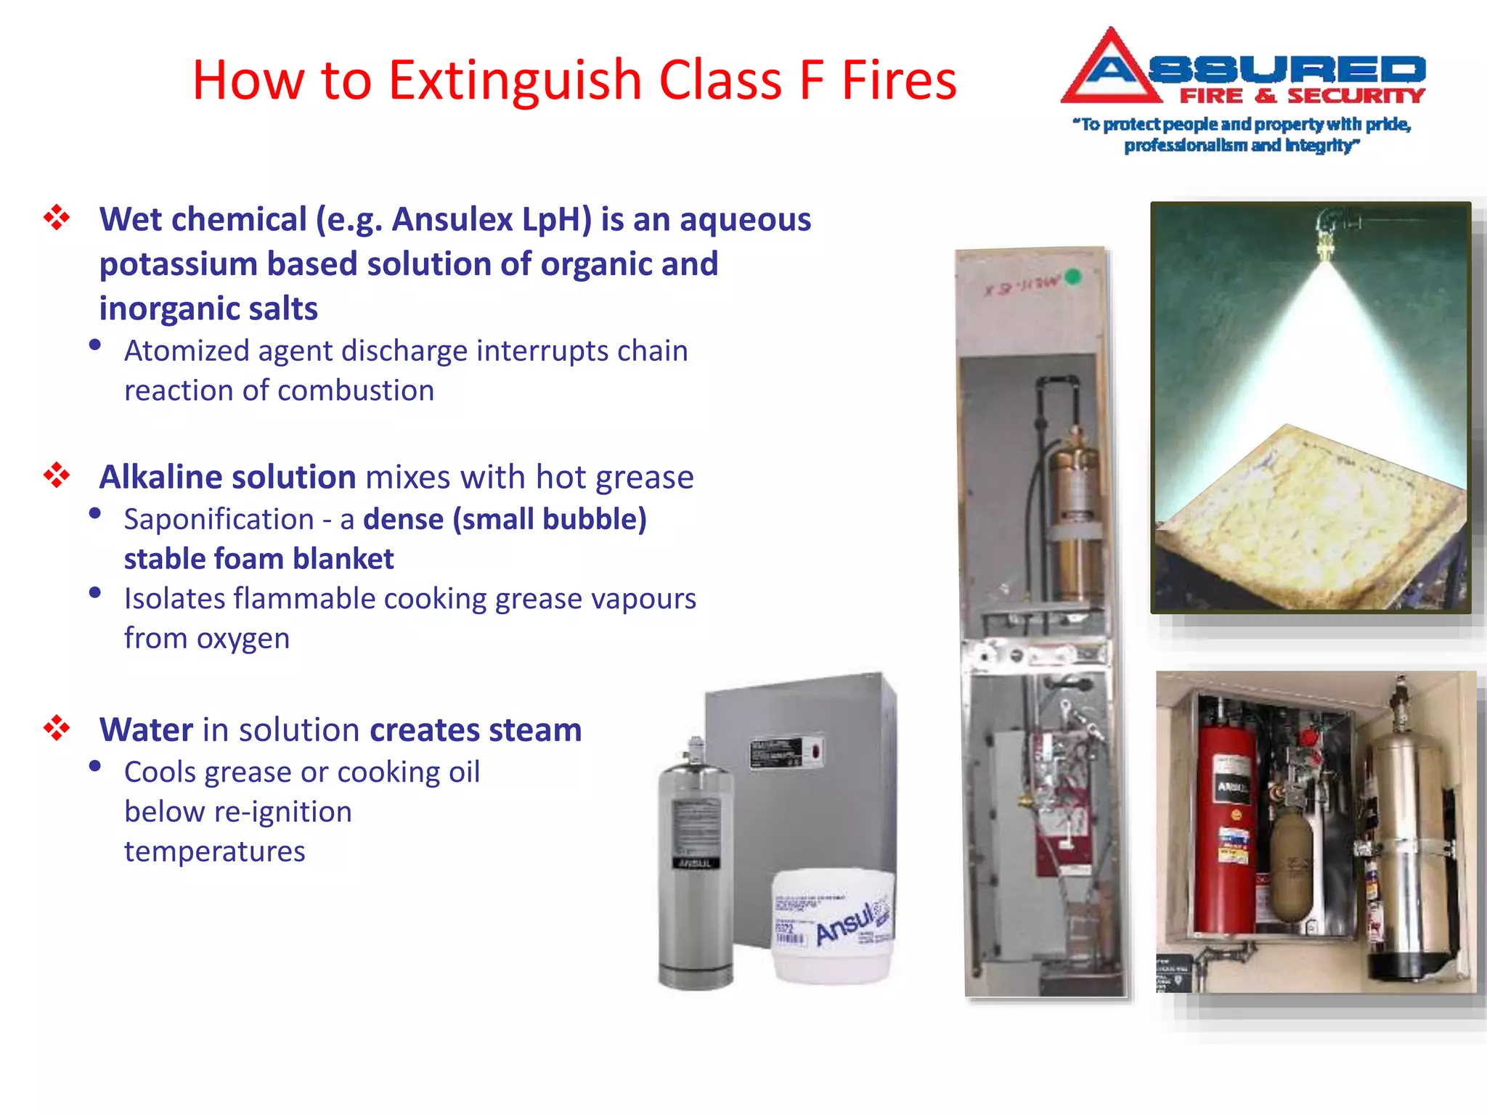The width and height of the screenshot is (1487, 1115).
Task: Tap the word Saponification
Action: [x=219, y=519]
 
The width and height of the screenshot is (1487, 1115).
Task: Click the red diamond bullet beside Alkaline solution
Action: [x=57, y=476]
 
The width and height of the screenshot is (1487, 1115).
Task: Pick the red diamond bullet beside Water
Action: [x=57, y=728]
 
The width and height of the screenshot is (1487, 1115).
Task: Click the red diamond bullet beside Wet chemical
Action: [x=57, y=217]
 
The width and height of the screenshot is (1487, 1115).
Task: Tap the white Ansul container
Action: [x=832, y=926]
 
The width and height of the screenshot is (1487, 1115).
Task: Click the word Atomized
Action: [x=187, y=351]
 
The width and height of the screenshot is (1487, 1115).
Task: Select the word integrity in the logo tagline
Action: [x=1319, y=145]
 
